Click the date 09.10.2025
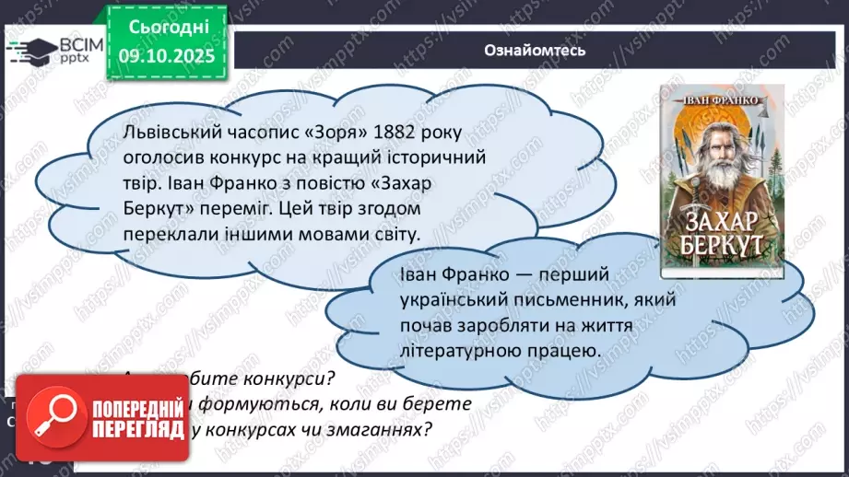click(x=165, y=56)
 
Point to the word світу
click(x=393, y=234)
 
